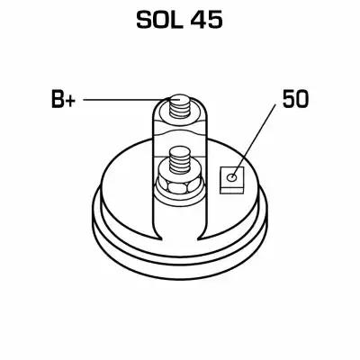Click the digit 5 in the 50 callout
289,100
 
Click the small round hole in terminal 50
232,177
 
